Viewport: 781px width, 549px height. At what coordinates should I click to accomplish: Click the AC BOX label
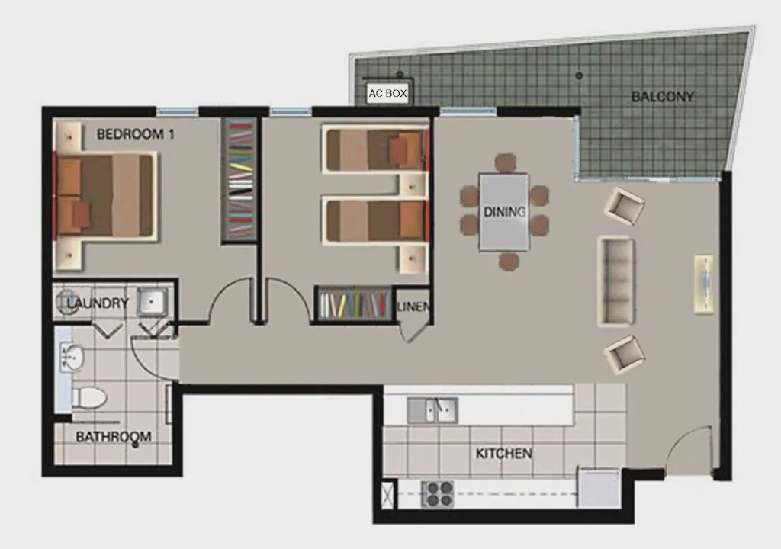click(387, 93)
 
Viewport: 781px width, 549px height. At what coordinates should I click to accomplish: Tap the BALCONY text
click(662, 96)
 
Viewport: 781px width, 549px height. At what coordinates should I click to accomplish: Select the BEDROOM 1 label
click(136, 134)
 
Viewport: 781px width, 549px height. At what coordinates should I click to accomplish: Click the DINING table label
click(505, 212)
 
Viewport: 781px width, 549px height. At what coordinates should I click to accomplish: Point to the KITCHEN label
click(503, 454)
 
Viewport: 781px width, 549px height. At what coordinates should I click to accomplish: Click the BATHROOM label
click(114, 437)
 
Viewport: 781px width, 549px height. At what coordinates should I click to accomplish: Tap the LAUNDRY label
click(98, 303)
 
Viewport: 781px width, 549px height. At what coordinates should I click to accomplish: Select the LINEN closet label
click(413, 307)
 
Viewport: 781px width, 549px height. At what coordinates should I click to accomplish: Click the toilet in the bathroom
click(90, 398)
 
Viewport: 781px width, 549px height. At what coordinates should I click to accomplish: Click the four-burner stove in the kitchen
click(437, 493)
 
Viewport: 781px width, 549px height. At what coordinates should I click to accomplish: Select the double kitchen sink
click(432, 410)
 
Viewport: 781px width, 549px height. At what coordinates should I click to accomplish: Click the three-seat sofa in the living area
click(616, 281)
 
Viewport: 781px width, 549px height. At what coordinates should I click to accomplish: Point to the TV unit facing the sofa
click(704, 284)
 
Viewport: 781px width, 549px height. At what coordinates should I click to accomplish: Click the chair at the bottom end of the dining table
click(509, 261)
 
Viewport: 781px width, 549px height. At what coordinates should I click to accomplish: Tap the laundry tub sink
click(152, 301)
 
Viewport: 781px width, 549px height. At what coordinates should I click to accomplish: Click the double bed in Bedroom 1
click(106, 196)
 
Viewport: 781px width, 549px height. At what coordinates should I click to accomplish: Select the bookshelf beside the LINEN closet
click(355, 303)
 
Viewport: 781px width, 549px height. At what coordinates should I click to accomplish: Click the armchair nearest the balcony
click(624, 206)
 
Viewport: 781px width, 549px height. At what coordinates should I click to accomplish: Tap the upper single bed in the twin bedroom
click(375, 149)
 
